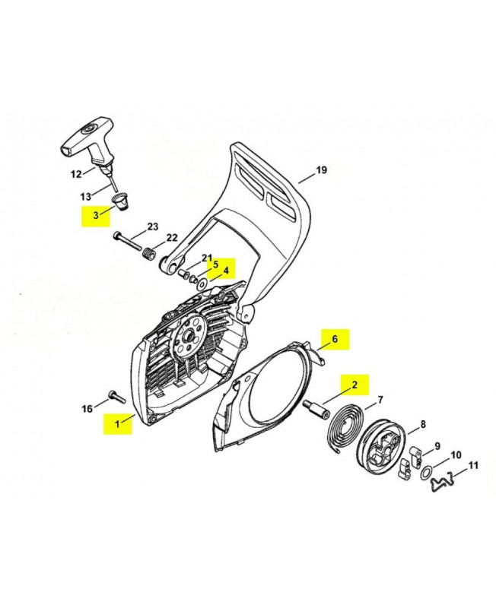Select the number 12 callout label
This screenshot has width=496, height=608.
[x=76, y=174]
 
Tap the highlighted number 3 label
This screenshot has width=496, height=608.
[x=96, y=216]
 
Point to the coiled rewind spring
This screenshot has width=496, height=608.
[x=345, y=427]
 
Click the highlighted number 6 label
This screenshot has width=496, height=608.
[x=335, y=339]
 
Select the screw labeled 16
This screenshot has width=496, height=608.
[x=117, y=396]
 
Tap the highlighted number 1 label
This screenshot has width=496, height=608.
[x=118, y=423]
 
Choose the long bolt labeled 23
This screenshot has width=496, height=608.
[x=127, y=242]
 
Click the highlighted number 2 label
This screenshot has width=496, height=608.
[x=355, y=385]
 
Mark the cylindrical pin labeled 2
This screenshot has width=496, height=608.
[x=316, y=409]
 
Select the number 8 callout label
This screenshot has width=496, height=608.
[x=423, y=424]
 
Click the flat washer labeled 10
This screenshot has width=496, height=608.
[x=426, y=474]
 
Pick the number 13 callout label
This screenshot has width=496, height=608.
[x=85, y=197]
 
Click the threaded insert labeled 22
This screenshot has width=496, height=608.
[x=148, y=256]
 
